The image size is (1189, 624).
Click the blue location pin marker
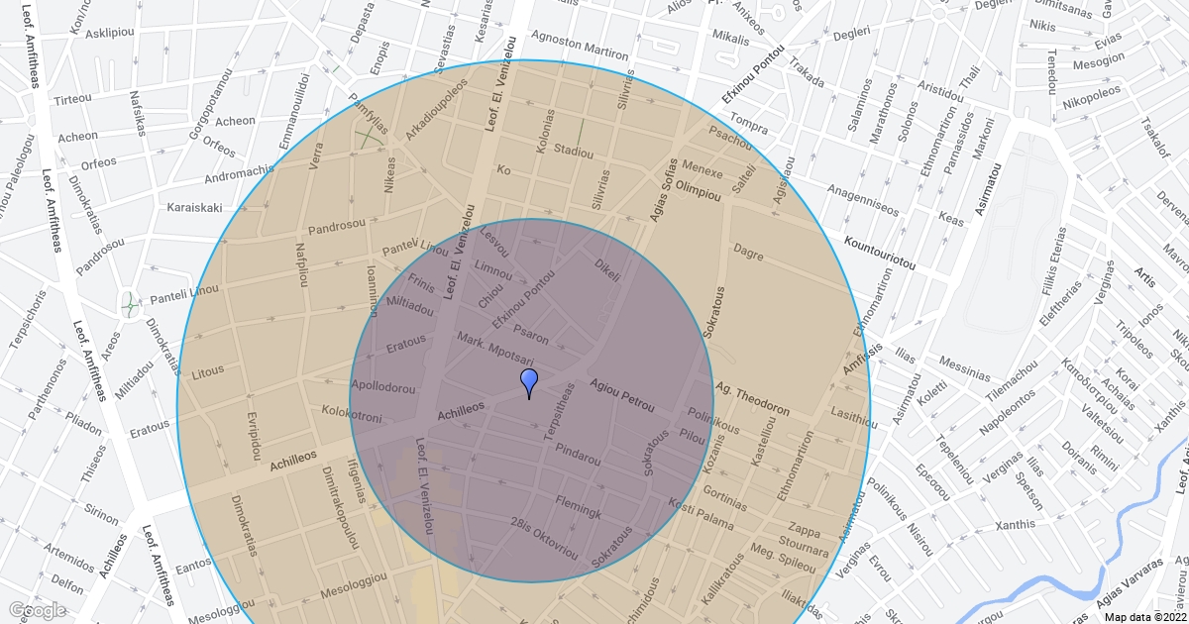tap(529, 382)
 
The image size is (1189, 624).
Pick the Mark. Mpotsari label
tap(495, 350)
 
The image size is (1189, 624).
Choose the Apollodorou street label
tap(383, 387)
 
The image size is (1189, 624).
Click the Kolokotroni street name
tap(352, 414)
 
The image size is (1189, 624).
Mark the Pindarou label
tap(578, 455)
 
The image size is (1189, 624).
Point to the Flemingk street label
tap(579, 507)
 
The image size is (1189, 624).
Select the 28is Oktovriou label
tap(544, 536)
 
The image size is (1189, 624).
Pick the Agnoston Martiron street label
tap(580, 46)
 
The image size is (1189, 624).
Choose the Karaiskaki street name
tap(194, 208)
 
